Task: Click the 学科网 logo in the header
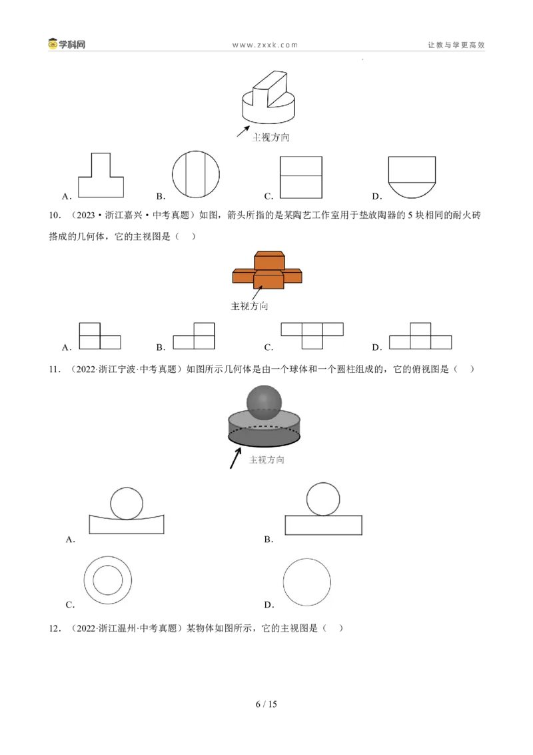coord(67,44)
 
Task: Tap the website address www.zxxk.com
coord(265,45)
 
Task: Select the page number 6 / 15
coord(266,704)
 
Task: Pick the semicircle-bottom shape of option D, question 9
coord(412,177)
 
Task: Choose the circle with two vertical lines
coord(196,174)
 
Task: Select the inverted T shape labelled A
coord(101,175)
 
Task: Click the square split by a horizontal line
coord(301,177)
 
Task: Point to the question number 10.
coord(55,215)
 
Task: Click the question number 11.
coord(55,369)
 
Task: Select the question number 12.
coord(55,628)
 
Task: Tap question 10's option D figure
coord(420,335)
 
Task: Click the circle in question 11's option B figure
coord(322,499)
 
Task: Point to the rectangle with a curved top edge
coord(127,524)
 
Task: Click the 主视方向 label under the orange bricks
coord(249,306)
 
